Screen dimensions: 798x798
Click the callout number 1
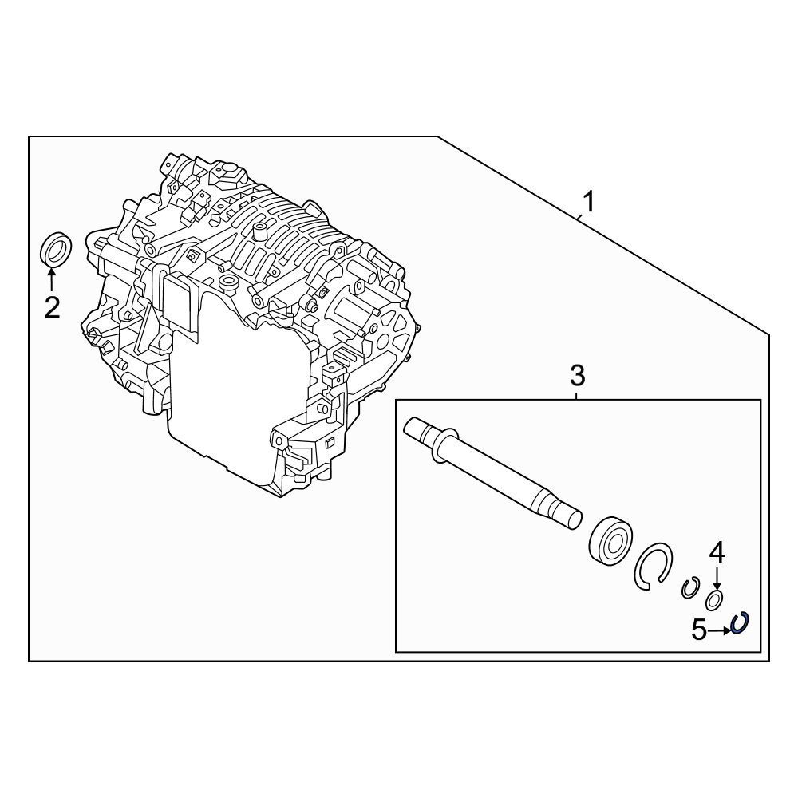[x=588, y=202]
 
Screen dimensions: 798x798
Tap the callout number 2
[x=52, y=307]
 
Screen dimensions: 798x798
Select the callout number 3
[x=577, y=376]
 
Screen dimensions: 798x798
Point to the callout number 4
[x=717, y=553]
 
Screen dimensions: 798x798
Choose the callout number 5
[x=699, y=630]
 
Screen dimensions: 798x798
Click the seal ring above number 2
[x=56, y=249]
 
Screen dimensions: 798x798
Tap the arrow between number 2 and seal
[x=51, y=279]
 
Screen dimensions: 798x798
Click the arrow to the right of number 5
[x=719, y=630]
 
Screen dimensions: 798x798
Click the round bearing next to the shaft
[x=610, y=542]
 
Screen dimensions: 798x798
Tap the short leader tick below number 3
[x=577, y=395]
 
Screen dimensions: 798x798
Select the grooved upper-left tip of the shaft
[x=417, y=429]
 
